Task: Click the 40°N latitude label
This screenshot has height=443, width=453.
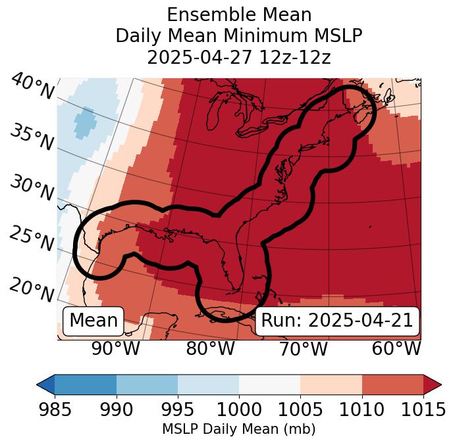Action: (x=32, y=86)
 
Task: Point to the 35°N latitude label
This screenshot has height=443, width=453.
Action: (x=32, y=137)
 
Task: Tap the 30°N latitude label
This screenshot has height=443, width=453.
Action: (x=32, y=188)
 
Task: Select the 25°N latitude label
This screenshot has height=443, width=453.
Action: (x=32, y=239)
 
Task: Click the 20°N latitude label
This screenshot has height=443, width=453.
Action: (x=32, y=289)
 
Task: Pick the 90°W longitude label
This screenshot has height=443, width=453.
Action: (x=116, y=348)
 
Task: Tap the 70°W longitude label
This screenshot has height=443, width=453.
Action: (x=304, y=348)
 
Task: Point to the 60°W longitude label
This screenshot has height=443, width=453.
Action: (x=396, y=348)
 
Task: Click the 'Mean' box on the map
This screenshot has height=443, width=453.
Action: (x=93, y=321)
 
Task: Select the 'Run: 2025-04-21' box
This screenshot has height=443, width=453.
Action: (x=337, y=321)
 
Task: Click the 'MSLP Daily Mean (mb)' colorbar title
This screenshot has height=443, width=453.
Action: (x=239, y=429)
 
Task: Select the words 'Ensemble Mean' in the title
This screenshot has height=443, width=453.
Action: (x=239, y=14)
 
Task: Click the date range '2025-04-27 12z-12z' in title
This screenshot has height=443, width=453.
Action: (x=239, y=57)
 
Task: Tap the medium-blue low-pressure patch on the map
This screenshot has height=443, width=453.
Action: (x=84, y=123)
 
